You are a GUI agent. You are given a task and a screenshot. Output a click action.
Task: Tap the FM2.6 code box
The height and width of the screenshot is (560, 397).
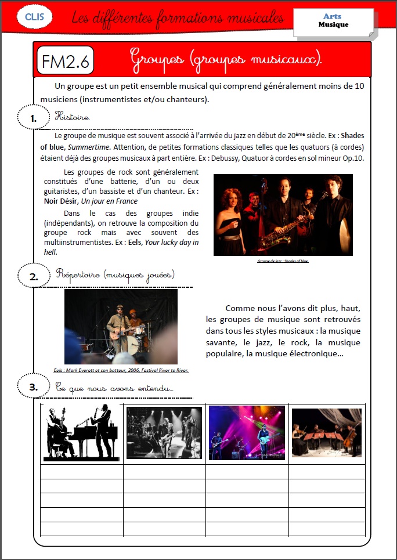(65, 61)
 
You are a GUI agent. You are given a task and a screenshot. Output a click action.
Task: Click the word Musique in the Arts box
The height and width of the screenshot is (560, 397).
(333, 25)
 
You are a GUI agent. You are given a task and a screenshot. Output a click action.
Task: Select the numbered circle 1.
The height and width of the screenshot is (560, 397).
(34, 118)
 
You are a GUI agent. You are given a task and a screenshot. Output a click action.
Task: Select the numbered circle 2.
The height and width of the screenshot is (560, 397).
(34, 276)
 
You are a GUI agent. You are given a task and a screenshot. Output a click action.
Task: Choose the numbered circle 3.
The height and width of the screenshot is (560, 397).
(34, 386)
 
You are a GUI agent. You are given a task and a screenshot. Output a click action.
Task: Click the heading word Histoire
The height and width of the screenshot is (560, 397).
(72, 117)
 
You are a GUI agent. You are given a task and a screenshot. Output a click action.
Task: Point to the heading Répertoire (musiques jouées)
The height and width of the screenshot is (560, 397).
(114, 274)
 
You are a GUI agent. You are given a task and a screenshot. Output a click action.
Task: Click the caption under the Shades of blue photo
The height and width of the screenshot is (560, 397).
(283, 261)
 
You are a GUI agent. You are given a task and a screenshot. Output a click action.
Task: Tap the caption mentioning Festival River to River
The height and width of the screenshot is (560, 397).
(121, 370)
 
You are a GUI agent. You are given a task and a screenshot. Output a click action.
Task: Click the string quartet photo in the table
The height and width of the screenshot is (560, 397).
(326, 432)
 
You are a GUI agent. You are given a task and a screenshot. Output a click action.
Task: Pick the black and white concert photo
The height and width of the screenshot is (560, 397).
(164, 433)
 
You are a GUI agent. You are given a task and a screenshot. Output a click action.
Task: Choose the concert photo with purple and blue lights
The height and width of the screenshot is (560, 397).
(247, 433)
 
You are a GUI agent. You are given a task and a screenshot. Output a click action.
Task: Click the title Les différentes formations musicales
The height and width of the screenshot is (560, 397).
(178, 18)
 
